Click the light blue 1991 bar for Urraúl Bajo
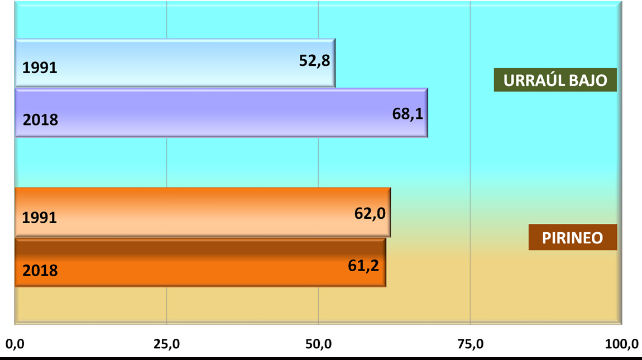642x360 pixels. (167, 63)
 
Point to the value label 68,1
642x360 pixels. (408, 114)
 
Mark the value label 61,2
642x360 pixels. (363, 265)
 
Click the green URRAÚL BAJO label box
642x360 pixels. (555, 80)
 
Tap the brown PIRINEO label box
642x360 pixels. (572, 237)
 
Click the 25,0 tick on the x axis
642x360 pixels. (166, 344)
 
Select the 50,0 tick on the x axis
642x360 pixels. (318, 344)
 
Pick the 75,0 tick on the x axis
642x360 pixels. (470, 344)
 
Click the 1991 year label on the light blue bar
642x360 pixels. (40, 68)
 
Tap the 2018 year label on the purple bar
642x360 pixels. (40, 119)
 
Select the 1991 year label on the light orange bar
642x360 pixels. (40, 218)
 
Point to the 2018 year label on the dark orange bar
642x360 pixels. (40, 270)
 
